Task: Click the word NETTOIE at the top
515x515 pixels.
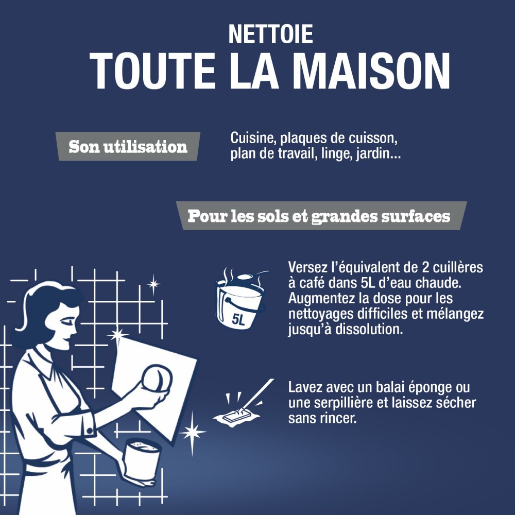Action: point(270,34)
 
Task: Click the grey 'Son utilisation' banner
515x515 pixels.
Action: point(127,147)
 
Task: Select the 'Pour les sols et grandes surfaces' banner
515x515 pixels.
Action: point(319,216)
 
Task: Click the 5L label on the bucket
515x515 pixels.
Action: point(238,320)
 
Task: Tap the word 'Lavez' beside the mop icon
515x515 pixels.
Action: point(303,387)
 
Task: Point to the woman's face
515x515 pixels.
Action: point(67,324)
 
